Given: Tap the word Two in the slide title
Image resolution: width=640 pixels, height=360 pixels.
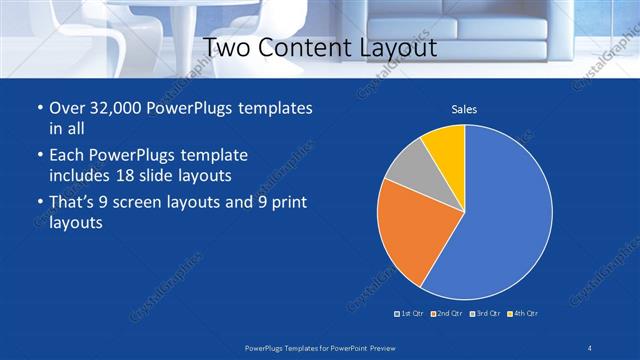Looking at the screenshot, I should click(x=226, y=47).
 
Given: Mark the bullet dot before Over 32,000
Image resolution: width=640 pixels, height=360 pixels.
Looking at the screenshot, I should click(x=39, y=108).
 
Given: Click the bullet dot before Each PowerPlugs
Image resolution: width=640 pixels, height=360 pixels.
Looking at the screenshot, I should click(x=39, y=156).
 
